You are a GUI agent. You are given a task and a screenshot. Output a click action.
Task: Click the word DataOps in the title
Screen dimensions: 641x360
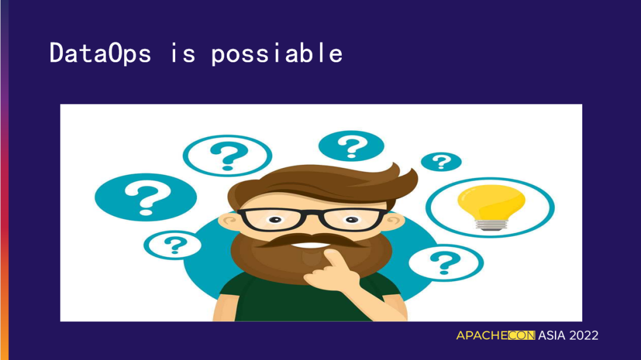tap(100, 53)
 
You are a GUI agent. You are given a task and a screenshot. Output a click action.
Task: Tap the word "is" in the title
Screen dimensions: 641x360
tap(183, 53)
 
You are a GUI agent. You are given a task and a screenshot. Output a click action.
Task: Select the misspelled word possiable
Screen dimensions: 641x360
tap(277, 53)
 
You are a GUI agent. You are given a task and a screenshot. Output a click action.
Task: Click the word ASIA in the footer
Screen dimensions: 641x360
tap(551, 336)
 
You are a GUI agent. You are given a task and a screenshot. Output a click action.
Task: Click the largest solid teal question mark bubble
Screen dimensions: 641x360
tap(145, 197)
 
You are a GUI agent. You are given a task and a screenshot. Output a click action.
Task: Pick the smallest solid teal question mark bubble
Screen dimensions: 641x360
tap(441, 162)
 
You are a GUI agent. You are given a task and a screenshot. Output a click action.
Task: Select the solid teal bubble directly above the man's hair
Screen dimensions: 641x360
tap(351, 146)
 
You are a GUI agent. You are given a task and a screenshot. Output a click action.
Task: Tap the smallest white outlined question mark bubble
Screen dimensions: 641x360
tap(173, 245)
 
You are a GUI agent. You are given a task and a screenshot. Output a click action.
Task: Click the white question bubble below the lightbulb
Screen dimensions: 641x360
tap(446, 263)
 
